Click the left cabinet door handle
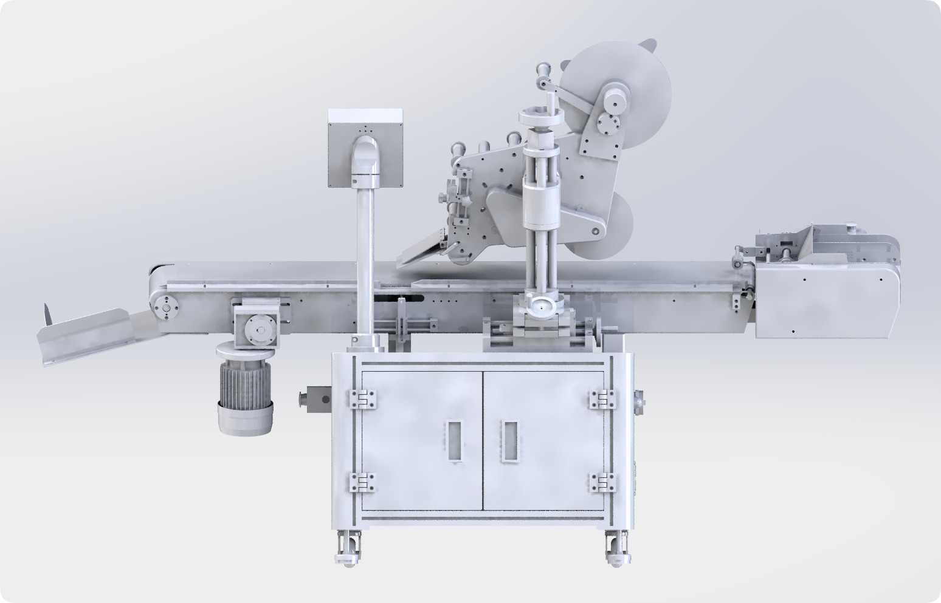coord(453,440)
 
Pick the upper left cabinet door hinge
coord(363,399)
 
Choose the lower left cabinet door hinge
coord(363,483)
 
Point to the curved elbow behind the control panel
coord(365,157)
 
